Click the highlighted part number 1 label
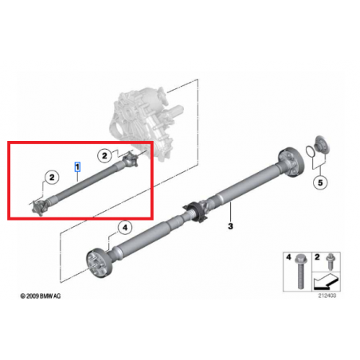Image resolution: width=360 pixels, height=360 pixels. (x=76, y=166)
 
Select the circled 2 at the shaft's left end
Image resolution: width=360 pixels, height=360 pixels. (x=50, y=176)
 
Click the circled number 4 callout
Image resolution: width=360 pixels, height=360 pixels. (x=124, y=229)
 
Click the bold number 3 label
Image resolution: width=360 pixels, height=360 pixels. (x=230, y=227)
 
